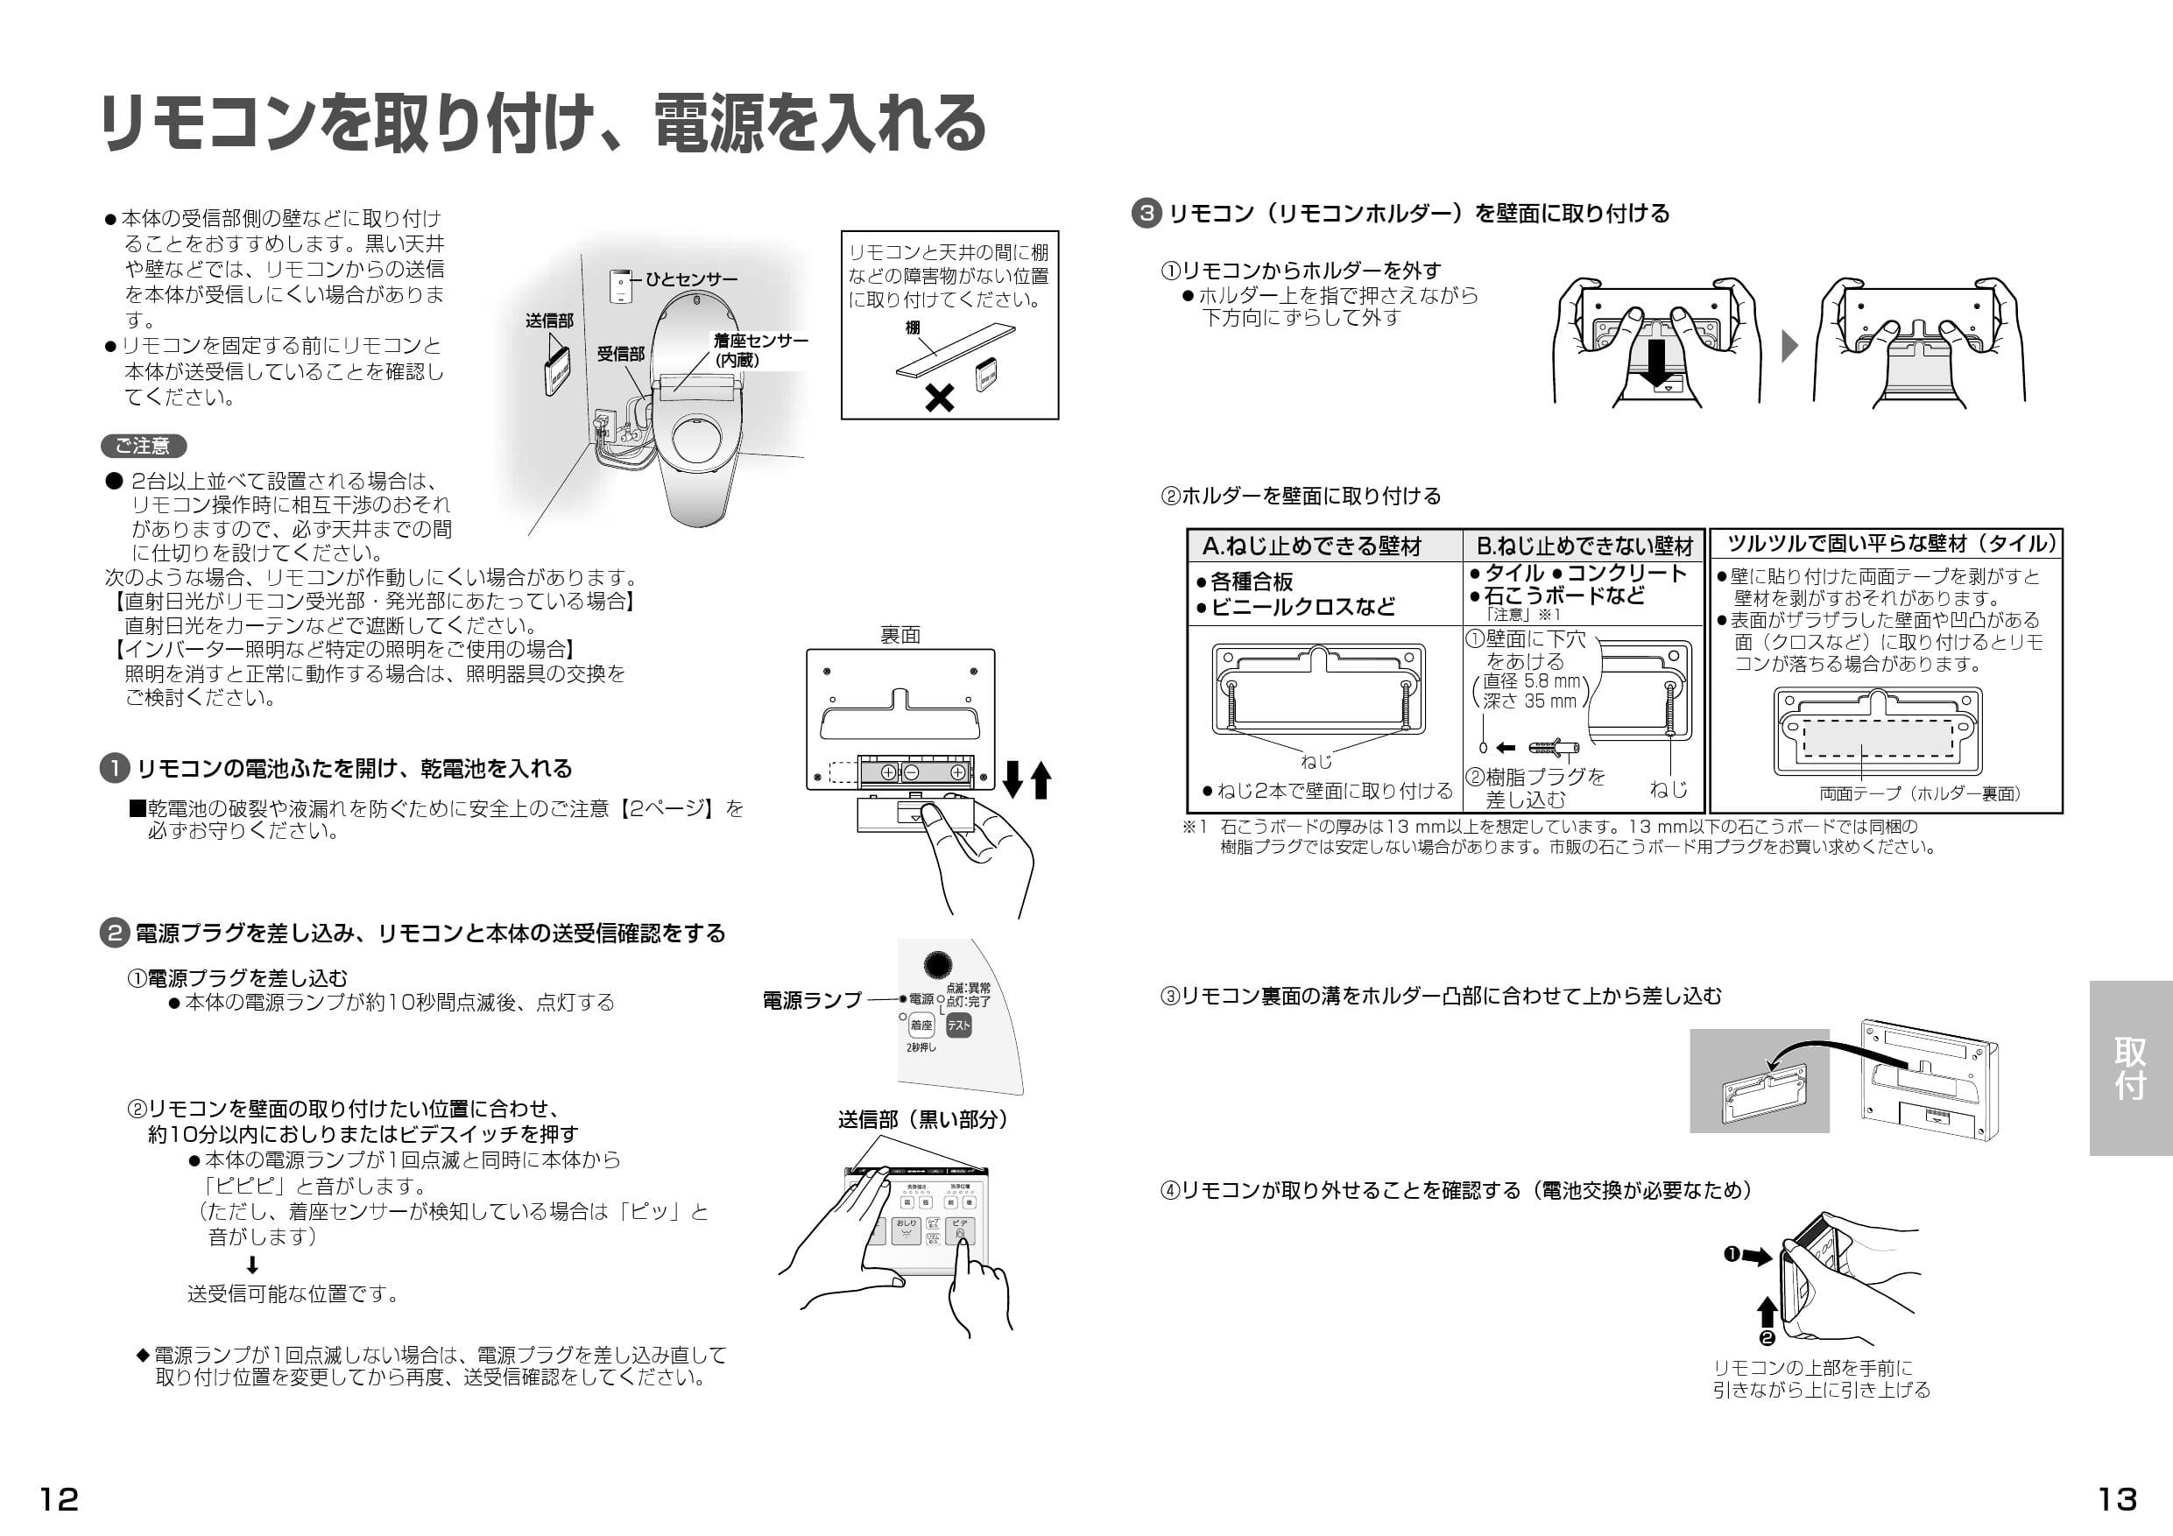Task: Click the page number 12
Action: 59,1499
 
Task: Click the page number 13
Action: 2117,1499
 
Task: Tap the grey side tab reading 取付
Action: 2129,1067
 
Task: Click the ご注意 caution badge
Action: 143,446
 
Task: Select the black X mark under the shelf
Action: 939,398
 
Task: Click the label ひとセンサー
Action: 691,279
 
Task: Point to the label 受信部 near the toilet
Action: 620,354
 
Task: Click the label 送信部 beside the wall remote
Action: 549,321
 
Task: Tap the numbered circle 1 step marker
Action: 115,769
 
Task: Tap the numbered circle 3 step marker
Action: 1146,213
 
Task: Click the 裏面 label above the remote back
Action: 900,635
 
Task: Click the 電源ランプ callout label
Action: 812,1000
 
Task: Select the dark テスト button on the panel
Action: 959,1025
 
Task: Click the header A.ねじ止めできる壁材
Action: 1312,546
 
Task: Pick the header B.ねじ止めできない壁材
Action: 1584,546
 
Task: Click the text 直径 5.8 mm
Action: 1531,681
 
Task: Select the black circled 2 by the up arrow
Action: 1766,1337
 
